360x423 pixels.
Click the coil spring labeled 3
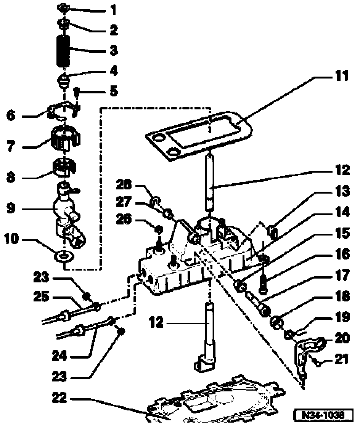pos(64,50)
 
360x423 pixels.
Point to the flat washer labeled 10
pos(64,255)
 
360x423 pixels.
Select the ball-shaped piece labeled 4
pos(64,80)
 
